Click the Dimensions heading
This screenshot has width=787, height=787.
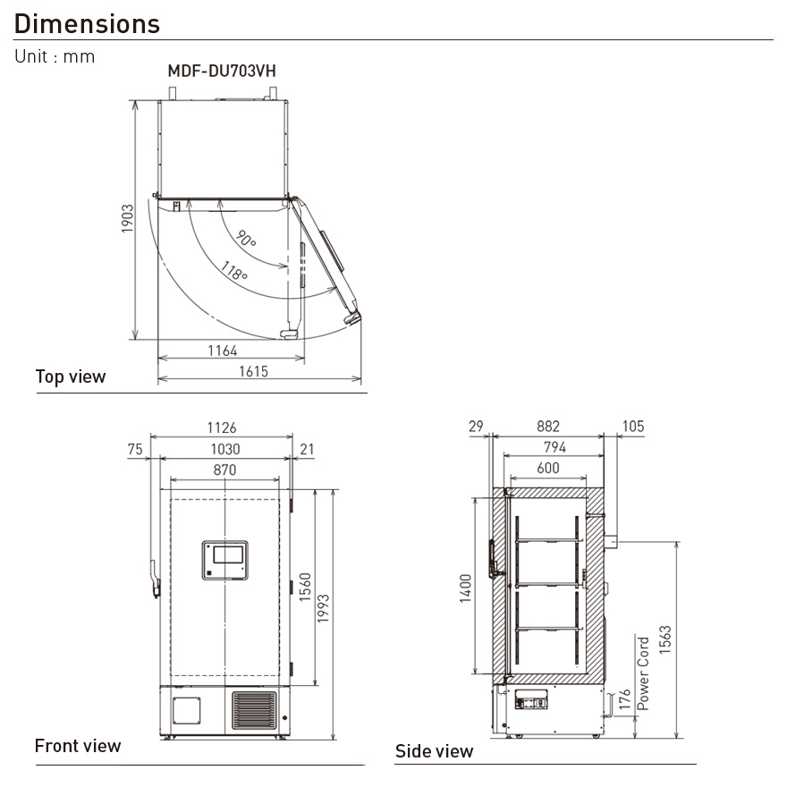pyautogui.click(x=88, y=24)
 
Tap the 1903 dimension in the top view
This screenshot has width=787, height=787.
pyautogui.click(x=127, y=220)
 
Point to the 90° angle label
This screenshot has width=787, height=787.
pyautogui.click(x=247, y=238)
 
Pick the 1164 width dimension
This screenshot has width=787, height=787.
pyautogui.click(x=223, y=351)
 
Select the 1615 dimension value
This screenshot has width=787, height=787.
pyautogui.click(x=253, y=371)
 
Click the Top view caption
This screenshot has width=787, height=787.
pyautogui.click(x=71, y=377)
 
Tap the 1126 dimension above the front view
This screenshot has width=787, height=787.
pyautogui.click(x=221, y=428)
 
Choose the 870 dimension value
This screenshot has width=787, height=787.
pyautogui.click(x=224, y=470)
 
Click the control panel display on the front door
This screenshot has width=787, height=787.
pyautogui.click(x=225, y=561)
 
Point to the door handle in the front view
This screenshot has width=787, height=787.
pyautogui.click(x=154, y=579)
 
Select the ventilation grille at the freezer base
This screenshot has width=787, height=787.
pyautogui.click(x=255, y=711)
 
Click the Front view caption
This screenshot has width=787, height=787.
pyautogui.click(x=78, y=746)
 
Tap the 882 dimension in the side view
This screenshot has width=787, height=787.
pyautogui.click(x=547, y=427)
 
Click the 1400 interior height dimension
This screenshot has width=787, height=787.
pyautogui.click(x=466, y=588)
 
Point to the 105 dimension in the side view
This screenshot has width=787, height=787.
pyautogui.click(x=632, y=427)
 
